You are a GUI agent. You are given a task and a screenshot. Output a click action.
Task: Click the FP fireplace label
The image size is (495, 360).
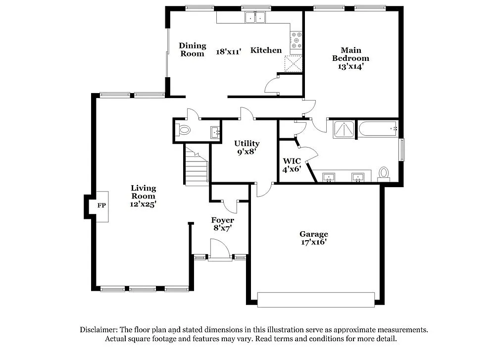click(x=101, y=205)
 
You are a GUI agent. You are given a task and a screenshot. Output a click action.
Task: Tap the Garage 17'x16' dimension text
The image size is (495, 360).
click(x=313, y=242)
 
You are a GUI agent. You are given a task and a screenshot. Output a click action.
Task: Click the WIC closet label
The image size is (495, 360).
click(x=292, y=161)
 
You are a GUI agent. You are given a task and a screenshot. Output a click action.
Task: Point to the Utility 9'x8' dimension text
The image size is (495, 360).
click(x=247, y=152)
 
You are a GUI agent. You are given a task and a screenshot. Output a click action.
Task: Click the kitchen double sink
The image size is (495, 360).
click(x=255, y=18)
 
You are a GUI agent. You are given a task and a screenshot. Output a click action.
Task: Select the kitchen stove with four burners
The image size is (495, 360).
click(x=296, y=39)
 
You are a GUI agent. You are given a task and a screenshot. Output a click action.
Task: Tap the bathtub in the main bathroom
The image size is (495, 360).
click(x=377, y=129)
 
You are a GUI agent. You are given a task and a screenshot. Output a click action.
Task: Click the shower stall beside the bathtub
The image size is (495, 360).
click(x=344, y=129)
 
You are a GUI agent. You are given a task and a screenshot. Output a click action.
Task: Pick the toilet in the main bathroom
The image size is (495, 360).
click(x=384, y=174)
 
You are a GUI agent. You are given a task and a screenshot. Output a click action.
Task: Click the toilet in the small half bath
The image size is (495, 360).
click(x=183, y=130)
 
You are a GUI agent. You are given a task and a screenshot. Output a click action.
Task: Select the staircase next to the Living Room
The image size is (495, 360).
click(x=197, y=166)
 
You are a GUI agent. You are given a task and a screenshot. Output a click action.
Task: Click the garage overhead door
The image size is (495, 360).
click(x=316, y=300)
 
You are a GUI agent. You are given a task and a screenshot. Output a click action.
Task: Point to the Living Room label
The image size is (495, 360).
click(x=144, y=192)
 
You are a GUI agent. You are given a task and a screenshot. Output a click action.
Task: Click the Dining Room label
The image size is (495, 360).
click(x=193, y=50)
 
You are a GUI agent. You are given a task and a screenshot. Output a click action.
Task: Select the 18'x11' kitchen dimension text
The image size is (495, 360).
click(x=229, y=51)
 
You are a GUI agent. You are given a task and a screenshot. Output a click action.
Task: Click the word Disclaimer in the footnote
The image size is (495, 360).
click(x=98, y=329)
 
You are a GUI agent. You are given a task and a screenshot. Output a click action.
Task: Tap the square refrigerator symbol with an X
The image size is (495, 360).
click(x=294, y=64)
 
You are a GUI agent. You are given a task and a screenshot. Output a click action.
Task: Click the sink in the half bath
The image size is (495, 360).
click(x=215, y=132)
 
